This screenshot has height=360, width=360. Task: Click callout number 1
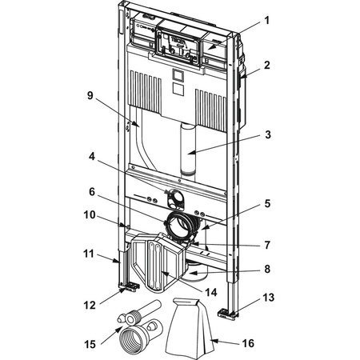(x=266, y=21)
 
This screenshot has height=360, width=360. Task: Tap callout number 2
(x=267, y=66)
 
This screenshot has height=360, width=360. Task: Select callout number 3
(x=268, y=135)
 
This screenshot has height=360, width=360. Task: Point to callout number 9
(x=90, y=95)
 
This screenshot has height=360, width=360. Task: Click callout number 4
(x=92, y=157)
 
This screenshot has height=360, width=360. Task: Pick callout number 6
(x=92, y=191)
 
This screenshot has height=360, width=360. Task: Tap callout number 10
(x=90, y=214)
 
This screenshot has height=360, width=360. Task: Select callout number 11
(x=89, y=254)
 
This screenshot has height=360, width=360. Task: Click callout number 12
(x=90, y=306)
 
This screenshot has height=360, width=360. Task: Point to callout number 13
(x=268, y=298)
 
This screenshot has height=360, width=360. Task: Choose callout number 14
(x=211, y=293)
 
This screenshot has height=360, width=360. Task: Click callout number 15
(x=90, y=344)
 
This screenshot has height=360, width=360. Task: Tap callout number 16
(x=248, y=343)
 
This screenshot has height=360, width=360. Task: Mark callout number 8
(x=267, y=269)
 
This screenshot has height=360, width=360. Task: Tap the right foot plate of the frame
(x=227, y=314)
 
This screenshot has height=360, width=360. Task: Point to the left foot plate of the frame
(x=130, y=287)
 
